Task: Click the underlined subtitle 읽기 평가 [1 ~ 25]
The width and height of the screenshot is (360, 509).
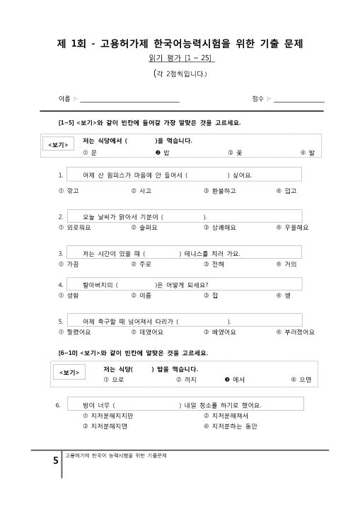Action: point(180,57)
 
